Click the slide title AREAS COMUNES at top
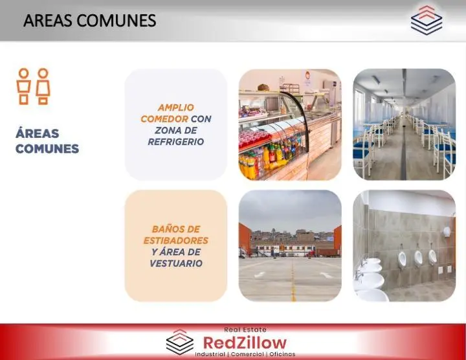coord(90,21)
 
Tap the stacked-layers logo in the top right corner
coord(427,20)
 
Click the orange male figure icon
coord(23,86)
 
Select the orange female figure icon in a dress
coord(43,86)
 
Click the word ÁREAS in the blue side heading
coord(38,133)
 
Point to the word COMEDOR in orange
coord(164,119)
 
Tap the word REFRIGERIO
coord(176,142)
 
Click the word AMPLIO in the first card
coord(176,107)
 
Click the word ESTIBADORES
coord(176,240)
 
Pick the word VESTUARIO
coord(176,264)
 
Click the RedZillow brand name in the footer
coord(245,343)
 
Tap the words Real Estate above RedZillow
coord(245,330)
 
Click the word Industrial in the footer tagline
coord(210,354)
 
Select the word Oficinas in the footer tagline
coord(282,354)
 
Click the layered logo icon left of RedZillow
coord(179,342)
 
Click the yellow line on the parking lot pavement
coord(293,280)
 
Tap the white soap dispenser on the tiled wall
coord(447,232)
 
